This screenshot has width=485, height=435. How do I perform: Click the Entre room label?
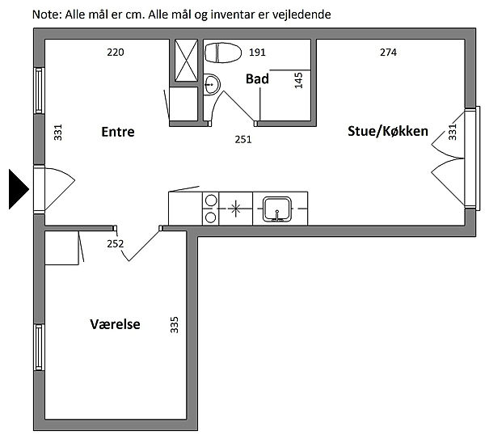click(118, 132)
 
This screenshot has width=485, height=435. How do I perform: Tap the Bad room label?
click(257, 79)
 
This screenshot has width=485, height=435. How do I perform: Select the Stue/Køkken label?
click(388, 131)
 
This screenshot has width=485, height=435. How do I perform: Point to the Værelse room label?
click(115, 324)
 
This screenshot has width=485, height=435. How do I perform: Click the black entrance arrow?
click(19, 189)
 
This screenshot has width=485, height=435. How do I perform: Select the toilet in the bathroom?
click(223, 53)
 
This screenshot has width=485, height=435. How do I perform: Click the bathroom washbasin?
click(212, 84)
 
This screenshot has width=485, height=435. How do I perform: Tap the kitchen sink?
click(277, 209)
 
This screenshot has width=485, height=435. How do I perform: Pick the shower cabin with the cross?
click(186, 61)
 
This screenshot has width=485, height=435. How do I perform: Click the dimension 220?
click(116, 53)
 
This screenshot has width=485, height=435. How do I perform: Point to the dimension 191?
click(257, 53)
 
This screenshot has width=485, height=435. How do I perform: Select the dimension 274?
click(388, 53)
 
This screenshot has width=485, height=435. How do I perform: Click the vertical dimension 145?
click(298, 80)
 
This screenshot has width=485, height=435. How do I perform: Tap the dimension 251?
click(243, 140)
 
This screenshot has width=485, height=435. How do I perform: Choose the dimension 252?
click(116, 244)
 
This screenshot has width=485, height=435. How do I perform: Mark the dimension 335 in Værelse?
click(175, 324)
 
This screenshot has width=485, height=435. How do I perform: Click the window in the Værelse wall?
click(39, 348)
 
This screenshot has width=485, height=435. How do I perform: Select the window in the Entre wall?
click(39, 91)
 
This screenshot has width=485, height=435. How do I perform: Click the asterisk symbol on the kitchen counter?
click(236, 209)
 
